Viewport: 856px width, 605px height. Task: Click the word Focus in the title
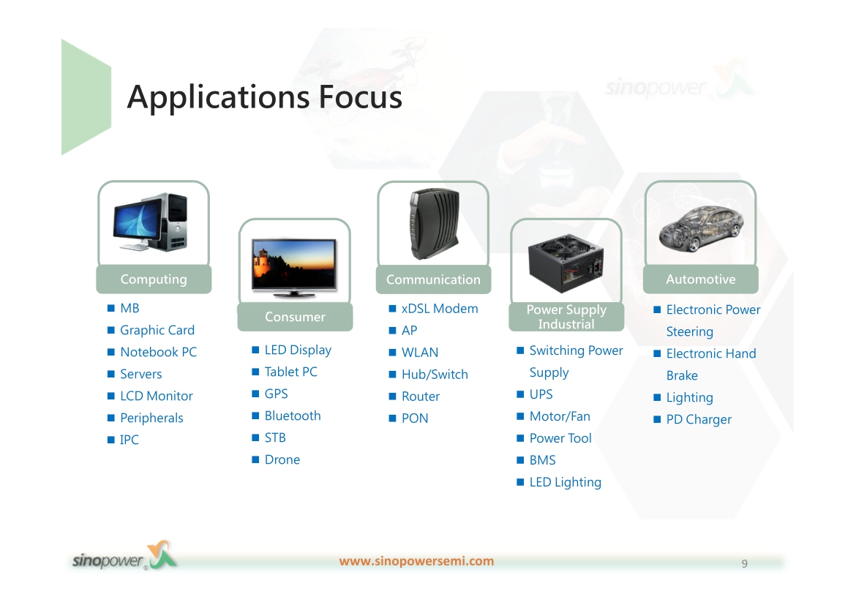pos(360,97)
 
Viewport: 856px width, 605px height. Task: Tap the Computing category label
pos(154,279)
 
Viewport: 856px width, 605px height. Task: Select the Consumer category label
pos(295,317)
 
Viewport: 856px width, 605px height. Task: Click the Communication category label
pos(433,279)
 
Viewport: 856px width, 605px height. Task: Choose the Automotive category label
pos(700,279)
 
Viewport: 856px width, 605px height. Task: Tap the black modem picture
pos(435,224)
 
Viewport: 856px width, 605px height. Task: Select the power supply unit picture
pos(566,263)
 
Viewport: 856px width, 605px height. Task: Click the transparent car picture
pos(700,228)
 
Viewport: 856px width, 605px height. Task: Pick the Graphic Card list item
pos(157,331)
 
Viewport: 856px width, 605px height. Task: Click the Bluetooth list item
pos(293,416)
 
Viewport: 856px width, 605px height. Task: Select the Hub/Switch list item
pos(435,375)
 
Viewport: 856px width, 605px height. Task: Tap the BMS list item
pos(543,460)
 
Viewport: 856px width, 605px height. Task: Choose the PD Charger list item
pos(699,419)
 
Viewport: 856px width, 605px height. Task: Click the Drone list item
pos(282,459)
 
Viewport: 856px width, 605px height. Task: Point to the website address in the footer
pos(416,561)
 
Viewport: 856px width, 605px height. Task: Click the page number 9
pos(745,563)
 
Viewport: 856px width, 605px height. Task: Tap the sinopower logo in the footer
pos(124,556)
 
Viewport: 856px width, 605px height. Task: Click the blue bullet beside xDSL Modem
pos(392,309)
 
